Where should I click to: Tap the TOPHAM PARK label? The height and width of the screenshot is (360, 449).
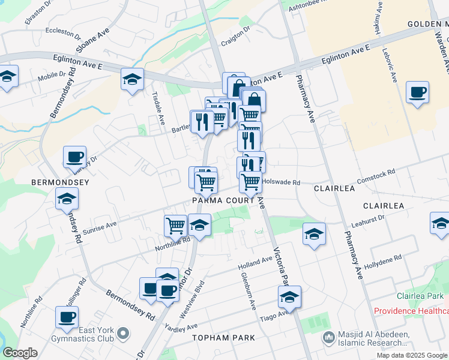(x=219, y=338)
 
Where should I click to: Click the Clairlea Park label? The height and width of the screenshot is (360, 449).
(x=420, y=296)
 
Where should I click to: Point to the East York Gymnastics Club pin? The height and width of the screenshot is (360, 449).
(x=124, y=332)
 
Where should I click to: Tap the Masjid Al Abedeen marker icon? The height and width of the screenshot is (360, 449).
(x=328, y=339)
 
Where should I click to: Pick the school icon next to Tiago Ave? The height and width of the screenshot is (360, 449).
(x=289, y=297)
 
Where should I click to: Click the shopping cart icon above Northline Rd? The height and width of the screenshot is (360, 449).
(x=176, y=226)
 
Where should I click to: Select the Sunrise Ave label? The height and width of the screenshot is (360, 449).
(x=100, y=227)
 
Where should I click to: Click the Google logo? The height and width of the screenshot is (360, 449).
(x=20, y=353)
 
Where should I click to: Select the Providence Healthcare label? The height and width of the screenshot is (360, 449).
(x=411, y=311)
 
